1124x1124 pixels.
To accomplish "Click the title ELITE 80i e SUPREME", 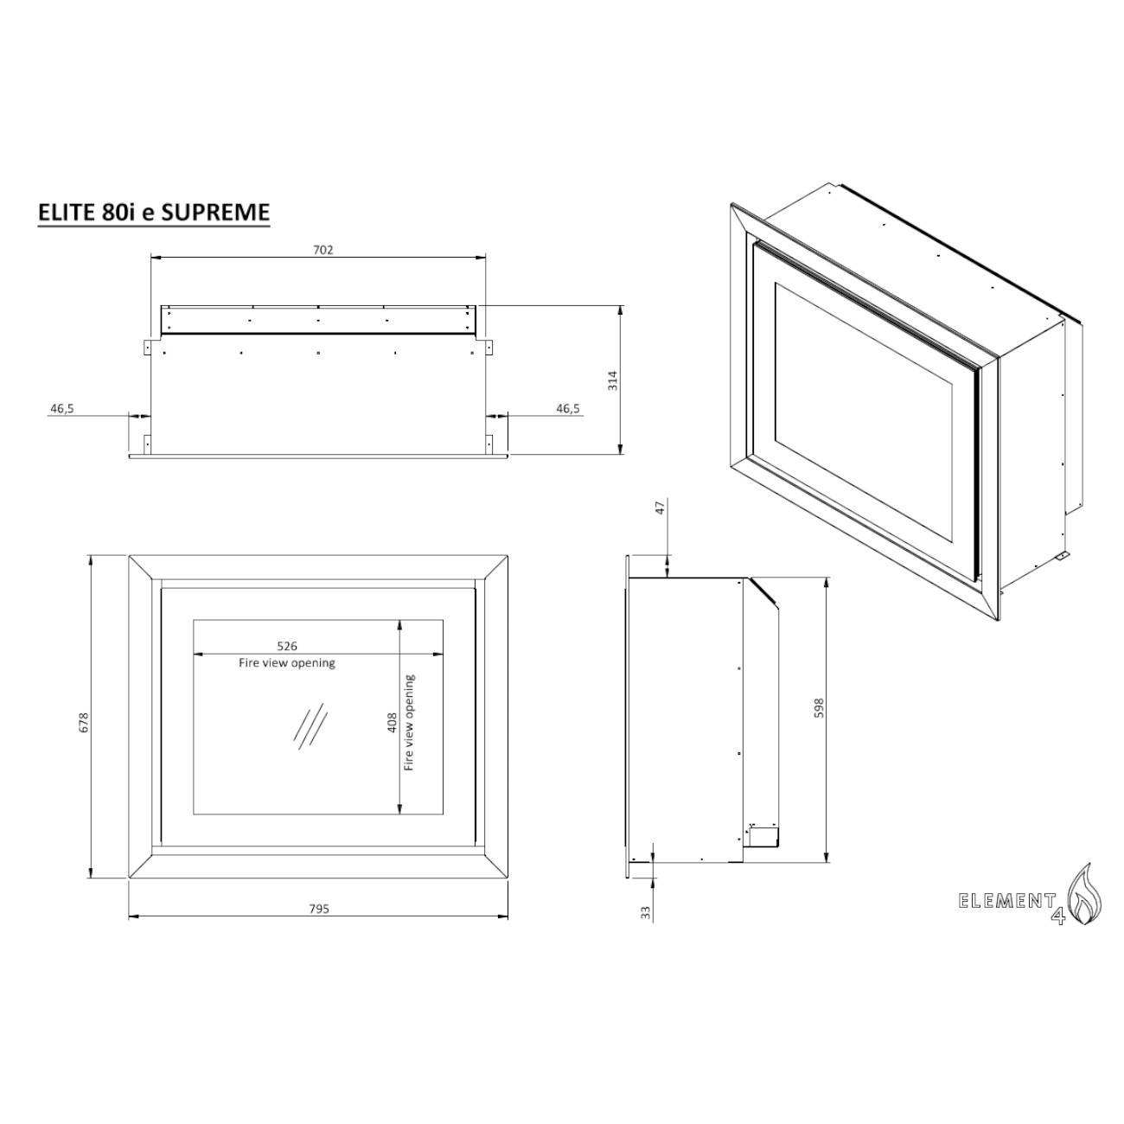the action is (x=154, y=212).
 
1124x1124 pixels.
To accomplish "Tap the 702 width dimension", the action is (x=323, y=250).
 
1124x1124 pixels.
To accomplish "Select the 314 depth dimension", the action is (x=612, y=380).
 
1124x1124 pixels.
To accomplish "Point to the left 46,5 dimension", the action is (x=62, y=408).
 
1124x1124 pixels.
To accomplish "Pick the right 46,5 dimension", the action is (x=567, y=408).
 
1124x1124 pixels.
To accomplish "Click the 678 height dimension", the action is (x=83, y=722).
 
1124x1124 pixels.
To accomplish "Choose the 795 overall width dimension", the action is (x=319, y=909).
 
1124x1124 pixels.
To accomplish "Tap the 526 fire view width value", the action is (x=287, y=646).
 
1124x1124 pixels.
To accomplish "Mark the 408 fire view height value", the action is (x=392, y=722).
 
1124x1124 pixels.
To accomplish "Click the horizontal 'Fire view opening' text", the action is (x=287, y=663).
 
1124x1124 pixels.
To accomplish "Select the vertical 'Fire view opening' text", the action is (x=409, y=723).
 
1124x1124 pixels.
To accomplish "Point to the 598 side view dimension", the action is (x=818, y=707).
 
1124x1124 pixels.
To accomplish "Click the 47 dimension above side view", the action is (x=661, y=508).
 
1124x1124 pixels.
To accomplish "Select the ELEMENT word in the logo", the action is (x=1006, y=901).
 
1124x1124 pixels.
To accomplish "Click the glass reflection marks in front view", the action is (x=310, y=725).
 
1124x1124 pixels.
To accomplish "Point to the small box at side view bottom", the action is (x=763, y=836).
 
